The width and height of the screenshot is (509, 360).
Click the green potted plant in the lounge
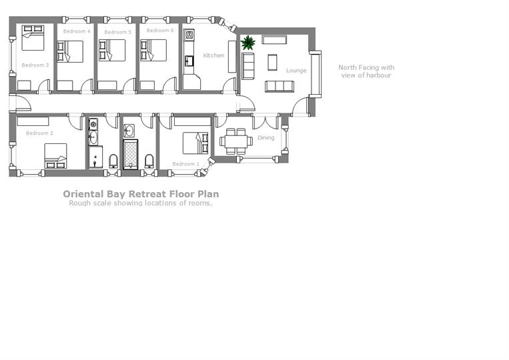(x=248, y=43)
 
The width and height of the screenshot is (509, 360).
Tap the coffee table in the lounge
(x=272, y=62)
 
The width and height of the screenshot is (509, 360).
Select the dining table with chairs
(x=235, y=140)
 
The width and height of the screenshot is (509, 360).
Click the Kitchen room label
(x=214, y=55)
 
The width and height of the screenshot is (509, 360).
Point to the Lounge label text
(x=296, y=70)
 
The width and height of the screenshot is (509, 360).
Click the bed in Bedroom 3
(x=33, y=38)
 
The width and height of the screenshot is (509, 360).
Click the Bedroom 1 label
(x=185, y=164)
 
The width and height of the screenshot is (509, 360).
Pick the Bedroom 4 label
(x=77, y=31)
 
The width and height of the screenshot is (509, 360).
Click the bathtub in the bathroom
(x=129, y=153)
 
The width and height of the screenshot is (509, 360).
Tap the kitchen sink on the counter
(x=189, y=61)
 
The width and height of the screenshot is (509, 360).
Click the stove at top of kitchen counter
(x=189, y=34)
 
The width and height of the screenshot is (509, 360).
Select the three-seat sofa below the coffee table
(x=280, y=86)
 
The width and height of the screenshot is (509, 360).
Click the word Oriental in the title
(x=82, y=194)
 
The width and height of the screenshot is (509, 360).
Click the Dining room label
(x=266, y=138)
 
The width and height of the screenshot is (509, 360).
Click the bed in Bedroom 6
(x=154, y=51)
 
